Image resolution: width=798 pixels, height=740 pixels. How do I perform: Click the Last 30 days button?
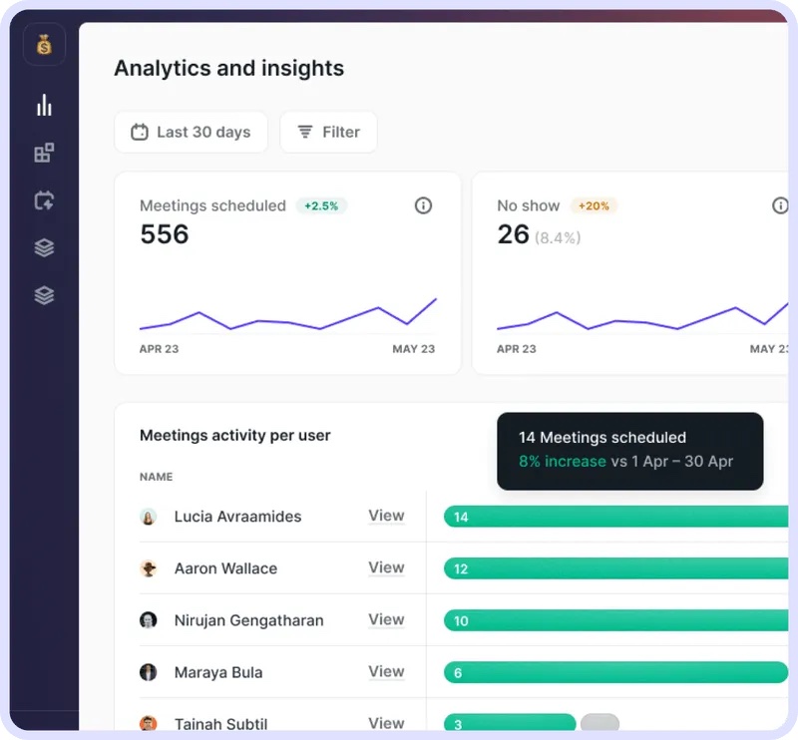click(x=191, y=133)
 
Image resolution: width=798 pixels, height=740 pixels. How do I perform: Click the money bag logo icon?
click(x=44, y=44)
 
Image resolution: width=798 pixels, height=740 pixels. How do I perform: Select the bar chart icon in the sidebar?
click(x=44, y=105)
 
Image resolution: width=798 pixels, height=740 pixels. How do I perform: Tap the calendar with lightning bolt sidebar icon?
click(x=44, y=200)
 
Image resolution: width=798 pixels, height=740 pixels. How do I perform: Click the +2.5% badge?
click(x=321, y=205)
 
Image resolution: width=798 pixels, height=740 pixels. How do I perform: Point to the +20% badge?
click(x=594, y=205)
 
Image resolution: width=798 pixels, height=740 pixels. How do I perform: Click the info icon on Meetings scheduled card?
click(x=423, y=205)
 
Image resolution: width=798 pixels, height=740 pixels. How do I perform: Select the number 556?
click(x=165, y=234)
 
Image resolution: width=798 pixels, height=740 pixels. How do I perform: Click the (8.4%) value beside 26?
click(x=558, y=237)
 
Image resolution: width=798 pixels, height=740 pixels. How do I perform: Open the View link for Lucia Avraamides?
click(x=386, y=516)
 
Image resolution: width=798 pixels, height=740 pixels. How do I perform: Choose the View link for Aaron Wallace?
click(x=386, y=567)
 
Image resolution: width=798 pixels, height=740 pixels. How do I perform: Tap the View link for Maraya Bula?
click(x=386, y=671)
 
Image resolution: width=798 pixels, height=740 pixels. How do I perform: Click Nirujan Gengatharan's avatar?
click(x=148, y=620)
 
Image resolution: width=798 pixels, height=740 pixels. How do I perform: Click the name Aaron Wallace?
click(x=226, y=568)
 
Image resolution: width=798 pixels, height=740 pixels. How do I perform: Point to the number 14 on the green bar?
click(x=461, y=517)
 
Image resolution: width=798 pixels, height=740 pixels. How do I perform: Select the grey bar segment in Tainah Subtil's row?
click(x=600, y=722)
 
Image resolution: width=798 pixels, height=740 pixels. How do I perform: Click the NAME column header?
click(x=157, y=477)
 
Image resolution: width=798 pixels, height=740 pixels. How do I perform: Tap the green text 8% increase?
click(x=563, y=461)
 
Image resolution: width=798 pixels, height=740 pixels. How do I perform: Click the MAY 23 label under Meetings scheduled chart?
click(x=413, y=349)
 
